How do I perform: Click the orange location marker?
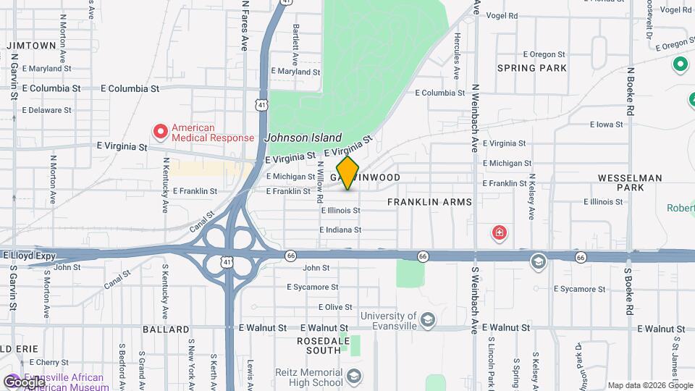point(347,173)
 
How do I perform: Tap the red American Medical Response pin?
point(161,131)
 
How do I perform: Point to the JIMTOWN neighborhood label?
point(31,46)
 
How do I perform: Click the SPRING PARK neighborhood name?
point(532,68)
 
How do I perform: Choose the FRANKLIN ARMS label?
point(429,202)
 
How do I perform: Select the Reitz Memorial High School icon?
point(354,377)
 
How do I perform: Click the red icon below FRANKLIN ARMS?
point(499,232)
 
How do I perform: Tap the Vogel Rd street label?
point(502,15)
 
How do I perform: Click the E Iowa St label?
point(606,125)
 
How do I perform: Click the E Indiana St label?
point(340,230)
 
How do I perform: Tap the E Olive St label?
point(319,307)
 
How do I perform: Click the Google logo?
point(23,382)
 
